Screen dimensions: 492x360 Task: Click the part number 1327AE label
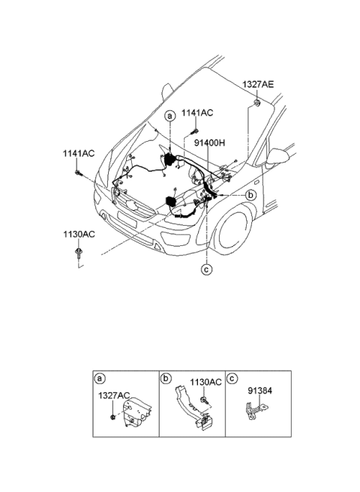pyautogui.click(x=257, y=85)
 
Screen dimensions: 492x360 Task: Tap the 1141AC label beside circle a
pyautogui.click(x=198, y=112)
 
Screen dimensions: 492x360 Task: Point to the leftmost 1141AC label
pyautogui.click(x=78, y=153)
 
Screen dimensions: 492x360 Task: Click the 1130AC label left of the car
pyautogui.click(x=78, y=234)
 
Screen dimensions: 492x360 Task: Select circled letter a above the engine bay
pyautogui.click(x=170, y=116)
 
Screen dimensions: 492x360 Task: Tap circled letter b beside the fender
pyautogui.click(x=250, y=194)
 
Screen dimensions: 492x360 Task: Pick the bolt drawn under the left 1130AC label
pyautogui.click(x=78, y=253)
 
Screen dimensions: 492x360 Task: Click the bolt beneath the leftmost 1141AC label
pyautogui.click(x=78, y=173)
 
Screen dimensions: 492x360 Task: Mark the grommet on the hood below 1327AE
pyautogui.click(x=256, y=101)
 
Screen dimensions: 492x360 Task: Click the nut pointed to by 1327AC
pyautogui.click(x=112, y=415)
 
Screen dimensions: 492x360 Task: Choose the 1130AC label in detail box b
pyautogui.click(x=205, y=382)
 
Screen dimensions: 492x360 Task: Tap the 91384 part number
pyautogui.click(x=259, y=391)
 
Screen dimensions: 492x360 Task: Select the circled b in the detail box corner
pyautogui.click(x=166, y=378)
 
